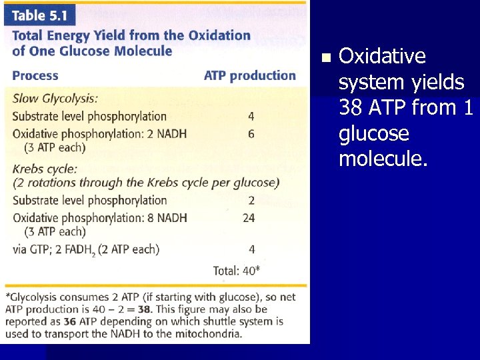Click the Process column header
(35, 76)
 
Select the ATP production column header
(249, 75)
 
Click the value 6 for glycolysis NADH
(251, 133)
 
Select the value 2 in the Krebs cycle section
(251, 200)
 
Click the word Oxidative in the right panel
(382, 57)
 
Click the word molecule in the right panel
(381, 160)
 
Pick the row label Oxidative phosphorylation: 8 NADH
(99, 217)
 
